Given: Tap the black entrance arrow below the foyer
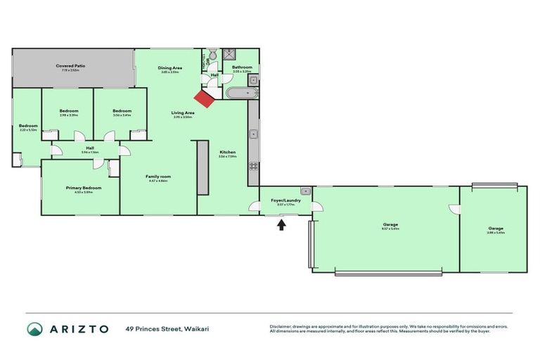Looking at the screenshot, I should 283,225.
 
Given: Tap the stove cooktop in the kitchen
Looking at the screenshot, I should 254,167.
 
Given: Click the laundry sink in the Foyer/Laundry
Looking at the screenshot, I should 304,191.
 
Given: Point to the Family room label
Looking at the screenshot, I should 158,177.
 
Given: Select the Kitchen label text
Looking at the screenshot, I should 227,153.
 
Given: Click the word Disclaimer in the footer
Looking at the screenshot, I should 280,326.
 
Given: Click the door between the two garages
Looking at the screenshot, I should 456,210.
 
